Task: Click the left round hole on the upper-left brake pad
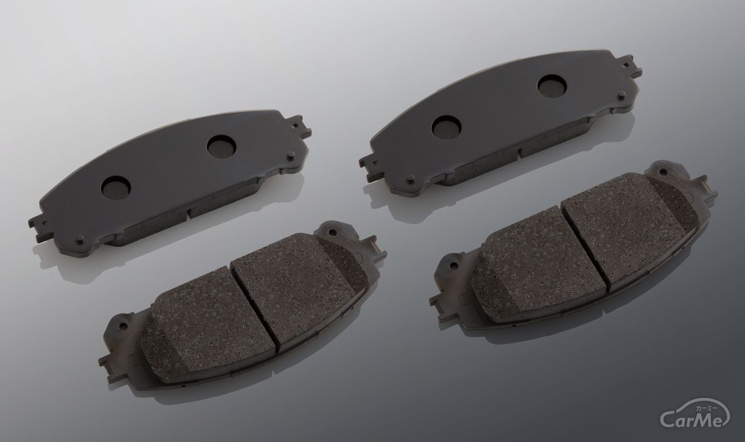[x=115, y=187]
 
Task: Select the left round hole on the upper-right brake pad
[x=446, y=127]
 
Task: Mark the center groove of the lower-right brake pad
[x=584, y=248]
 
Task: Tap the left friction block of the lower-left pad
[x=209, y=328]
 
